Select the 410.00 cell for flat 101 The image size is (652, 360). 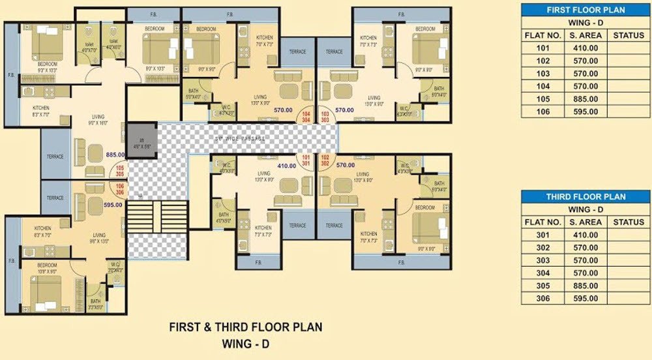(584, 48)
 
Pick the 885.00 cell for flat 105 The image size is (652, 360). (584, 99)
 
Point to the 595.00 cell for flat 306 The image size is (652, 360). (584, 299)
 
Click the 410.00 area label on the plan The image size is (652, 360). (287, 166)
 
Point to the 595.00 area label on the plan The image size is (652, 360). (113, 205)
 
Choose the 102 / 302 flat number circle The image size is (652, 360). (324, 160)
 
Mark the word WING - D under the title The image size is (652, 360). (245, 341)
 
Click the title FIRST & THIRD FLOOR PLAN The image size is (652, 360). (245, 327)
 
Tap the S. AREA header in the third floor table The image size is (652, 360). (584, 222)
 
